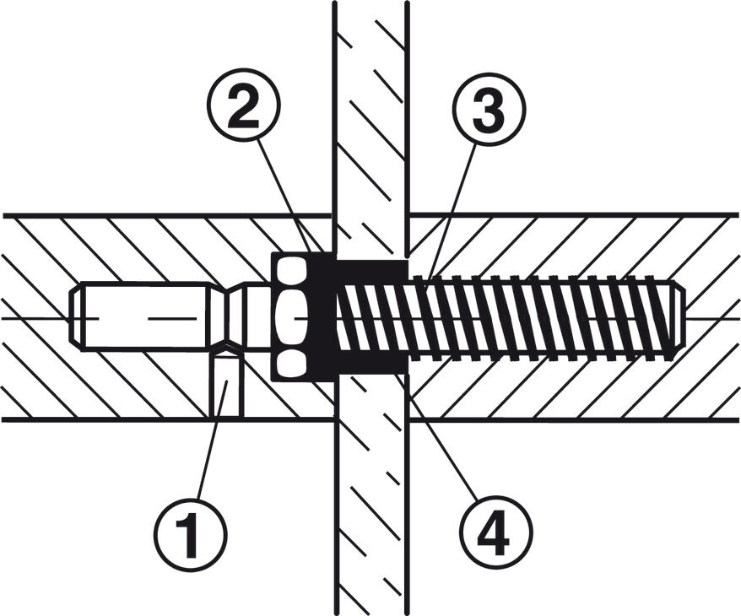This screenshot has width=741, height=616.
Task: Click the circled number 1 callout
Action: click(x=191, y=533)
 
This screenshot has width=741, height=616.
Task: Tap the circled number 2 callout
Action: click(x=243, y=108)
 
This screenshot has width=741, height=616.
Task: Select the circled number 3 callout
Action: click(x=489, y=109)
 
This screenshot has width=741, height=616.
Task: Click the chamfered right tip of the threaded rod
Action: click(x=679, y=316)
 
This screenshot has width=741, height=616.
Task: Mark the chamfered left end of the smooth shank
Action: click(x=76, y=316)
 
